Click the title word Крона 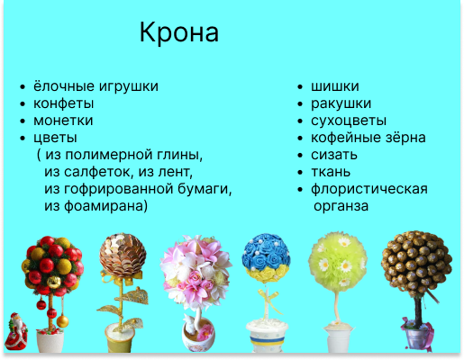[179, 32]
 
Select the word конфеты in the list [63, 103]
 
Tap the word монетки [63, 121]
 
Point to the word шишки [335, 86]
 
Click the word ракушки [341, 103]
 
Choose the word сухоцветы [349, 121]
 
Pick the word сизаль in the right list [334, 155]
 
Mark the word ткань [331, 172]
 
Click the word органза [341, 206]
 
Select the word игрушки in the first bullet [128, 86]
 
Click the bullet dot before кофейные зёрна [300, 139]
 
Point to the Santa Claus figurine [16, 332]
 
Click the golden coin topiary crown [123, 255]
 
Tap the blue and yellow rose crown [266, 258]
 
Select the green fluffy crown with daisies [338, 261]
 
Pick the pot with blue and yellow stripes [266, 337]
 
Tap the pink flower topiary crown [196, 273]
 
